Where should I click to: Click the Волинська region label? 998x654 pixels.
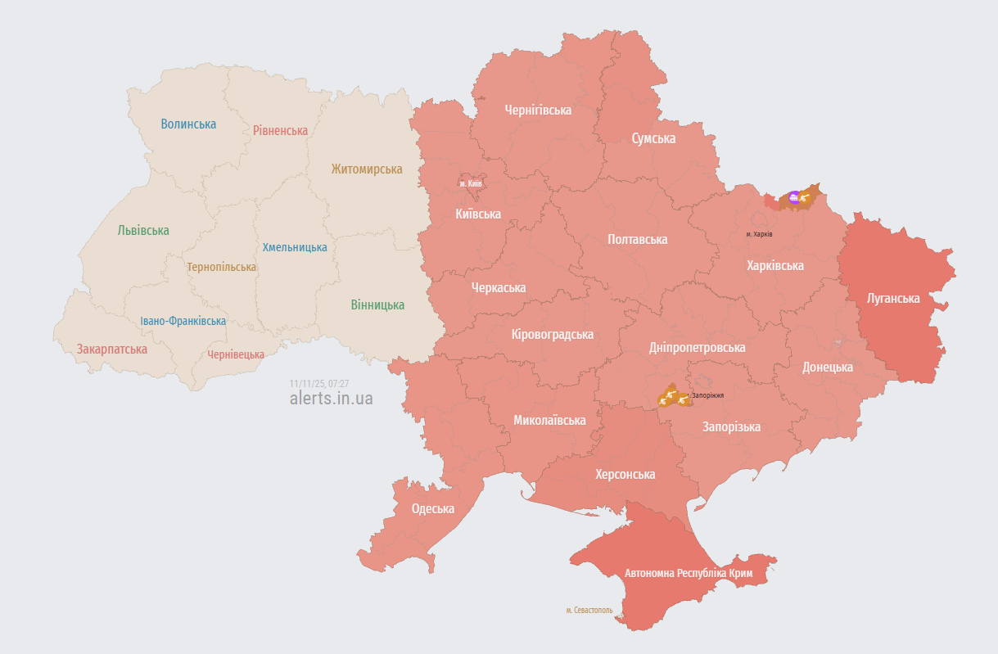pyautogui.click(x=188, y=124)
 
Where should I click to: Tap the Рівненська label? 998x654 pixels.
pyautogui.click(x=280, y=131)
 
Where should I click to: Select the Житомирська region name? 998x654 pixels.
pyautogui.click(x=367, y=169)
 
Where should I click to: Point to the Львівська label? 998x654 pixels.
pyautogui.click(x=143, y=231)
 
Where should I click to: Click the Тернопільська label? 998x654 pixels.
pyautogui.click(x=221, y=268)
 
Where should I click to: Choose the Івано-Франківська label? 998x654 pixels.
pyautogui.click(x=183, y=322)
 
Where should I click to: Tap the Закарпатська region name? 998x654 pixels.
pyautogui.click(x=112, y=350)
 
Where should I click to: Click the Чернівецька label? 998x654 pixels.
pyautogui.click(x=236, y=354)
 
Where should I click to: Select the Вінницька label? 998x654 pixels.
pyautogui.click(x=377, y=305)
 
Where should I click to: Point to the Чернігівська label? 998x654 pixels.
pyautogui.click(x=538, y=110)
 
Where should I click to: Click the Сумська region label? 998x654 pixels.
pyautogui.click(x=653, y=138)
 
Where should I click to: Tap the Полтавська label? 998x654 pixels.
pyautogui.click(x=637, y=240)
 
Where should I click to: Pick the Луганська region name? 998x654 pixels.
pyautogui.click(x=893, y=299)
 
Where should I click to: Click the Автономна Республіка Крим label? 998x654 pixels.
pyautogui.click(x=689, y=573)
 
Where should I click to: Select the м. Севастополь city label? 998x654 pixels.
pyautogui.click(x=589, y=610)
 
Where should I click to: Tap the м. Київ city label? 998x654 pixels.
pyautogui.click(x=471, y=183)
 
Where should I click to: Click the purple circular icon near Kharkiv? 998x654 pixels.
pyautogui.click(x=793, y=196)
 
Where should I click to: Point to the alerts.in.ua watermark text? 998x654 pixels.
pyautogui.click(x=331, y=399)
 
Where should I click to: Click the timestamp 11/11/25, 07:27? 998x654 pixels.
pyautogui.click(x=319, y=383)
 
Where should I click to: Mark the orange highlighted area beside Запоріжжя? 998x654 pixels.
pyautogui.click(x=671, y=397)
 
